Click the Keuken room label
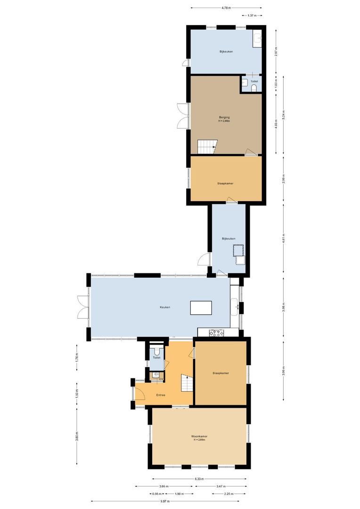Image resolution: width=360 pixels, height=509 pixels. pyautogui.click(x=164, y=307)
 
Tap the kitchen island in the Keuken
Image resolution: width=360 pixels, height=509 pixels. pyautogui.click(x=201, y=308)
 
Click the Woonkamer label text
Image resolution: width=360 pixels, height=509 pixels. pyautogui.click(x=199, y=436)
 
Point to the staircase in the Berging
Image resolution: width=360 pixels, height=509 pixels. pyautogui.click(x=206, y=147)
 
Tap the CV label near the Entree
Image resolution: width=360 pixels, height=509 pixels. pyautogui.click(x=161, y=378)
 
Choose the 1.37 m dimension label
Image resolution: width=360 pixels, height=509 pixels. pyautogui.click(x=252, y=16)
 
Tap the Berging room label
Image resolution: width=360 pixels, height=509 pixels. pyautogui.click(x=224, y=117)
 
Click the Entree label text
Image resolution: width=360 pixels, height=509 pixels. pyautogui.click(x=161, y=395)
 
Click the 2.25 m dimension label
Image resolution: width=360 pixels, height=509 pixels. pyautogui.click(x=229, y=494)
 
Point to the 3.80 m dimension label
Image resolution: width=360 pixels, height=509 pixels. pyautogui.click(x=77, y=436)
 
